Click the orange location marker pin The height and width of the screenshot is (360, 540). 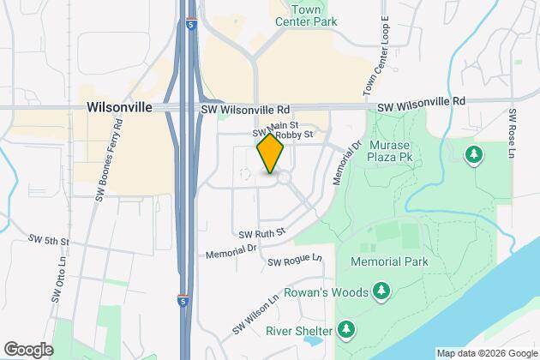(x=270, y=154)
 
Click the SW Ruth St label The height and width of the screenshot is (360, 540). (x=261, y=232)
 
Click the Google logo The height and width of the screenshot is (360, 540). (x=28, y=349)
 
